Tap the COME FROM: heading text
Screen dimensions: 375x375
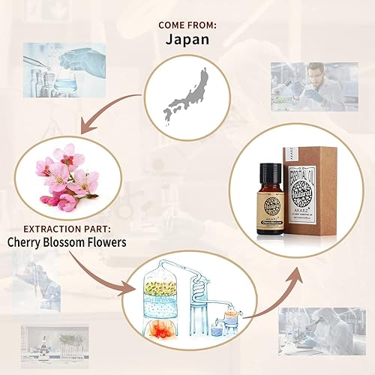point(187,25)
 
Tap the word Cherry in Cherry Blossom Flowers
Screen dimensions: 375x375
point(28,242)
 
